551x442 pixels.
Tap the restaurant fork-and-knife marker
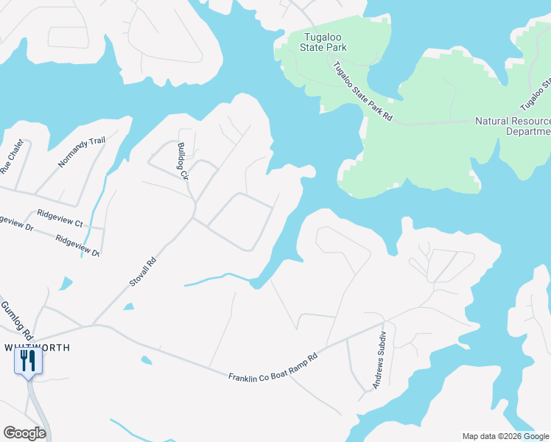click(29, 361)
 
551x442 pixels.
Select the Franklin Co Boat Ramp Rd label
click(272, 367)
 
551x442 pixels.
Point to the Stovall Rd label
click(144, 271)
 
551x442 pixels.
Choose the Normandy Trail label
click(82, 152)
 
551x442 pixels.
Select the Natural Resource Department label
click(513, 126)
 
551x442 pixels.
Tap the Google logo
click(24, 433)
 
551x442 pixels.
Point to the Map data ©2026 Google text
click(505, 435)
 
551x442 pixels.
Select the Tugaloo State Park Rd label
click(362, 91)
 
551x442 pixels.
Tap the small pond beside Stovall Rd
click(129, 306)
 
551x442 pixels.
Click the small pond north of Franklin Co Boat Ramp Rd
click(146, 360)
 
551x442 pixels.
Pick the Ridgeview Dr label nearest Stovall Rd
click(77, 246)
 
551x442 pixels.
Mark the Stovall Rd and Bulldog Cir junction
click(194, 217)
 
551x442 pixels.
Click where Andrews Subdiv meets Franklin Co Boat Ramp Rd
click(383, 322)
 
